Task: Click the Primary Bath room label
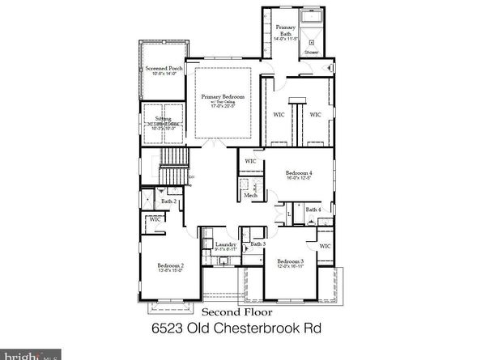point(286,29)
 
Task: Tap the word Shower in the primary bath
point(312,53)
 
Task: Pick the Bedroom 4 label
point(299,173)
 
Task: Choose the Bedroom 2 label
point(171,266)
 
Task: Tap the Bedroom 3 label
point(290,261)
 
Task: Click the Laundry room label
point(225,244)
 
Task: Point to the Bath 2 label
point(168,201)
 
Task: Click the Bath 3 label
point(258,244)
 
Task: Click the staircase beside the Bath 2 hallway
point(173,167)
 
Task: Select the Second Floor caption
point(237,311)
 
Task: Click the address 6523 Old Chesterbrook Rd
point(240,331)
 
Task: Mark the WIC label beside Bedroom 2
point(155,218)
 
